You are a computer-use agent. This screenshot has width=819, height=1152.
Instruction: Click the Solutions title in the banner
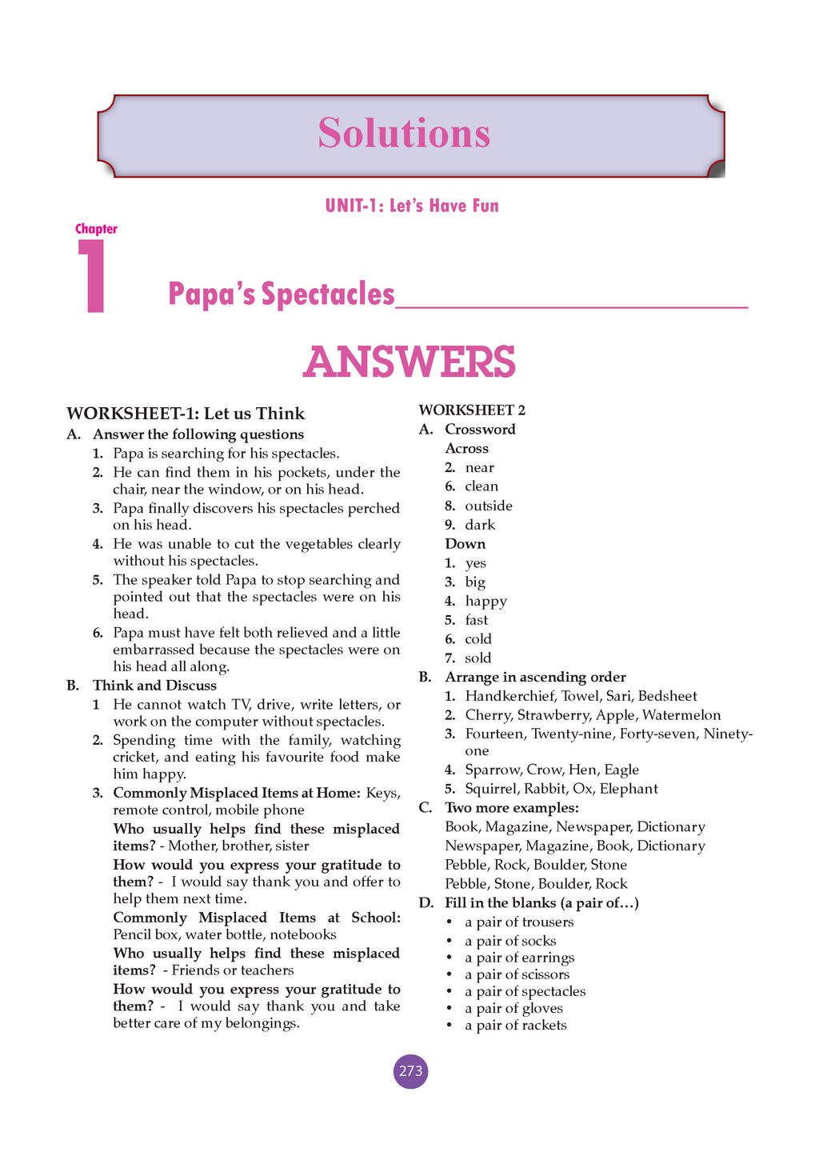tap(404, 133)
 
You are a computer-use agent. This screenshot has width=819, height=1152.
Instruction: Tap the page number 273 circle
tap(410, 1071)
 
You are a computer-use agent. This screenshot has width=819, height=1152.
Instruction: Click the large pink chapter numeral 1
tap(94, 276)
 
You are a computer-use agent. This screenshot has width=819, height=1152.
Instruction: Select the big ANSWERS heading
tap(409, 362)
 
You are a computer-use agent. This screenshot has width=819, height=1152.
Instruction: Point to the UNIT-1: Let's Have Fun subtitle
tap(412, 206)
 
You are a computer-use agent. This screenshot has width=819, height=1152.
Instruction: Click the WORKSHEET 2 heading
tap(472, 410)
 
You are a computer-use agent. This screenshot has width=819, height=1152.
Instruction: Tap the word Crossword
tap(480, 430)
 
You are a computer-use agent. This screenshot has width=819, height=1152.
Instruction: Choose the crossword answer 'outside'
tap(489, 506)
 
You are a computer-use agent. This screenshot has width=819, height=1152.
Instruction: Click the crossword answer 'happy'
tap(486, 601)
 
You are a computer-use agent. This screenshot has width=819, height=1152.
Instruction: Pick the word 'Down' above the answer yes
tap(465, 544)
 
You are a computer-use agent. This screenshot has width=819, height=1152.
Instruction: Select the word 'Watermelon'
tap(681, 715)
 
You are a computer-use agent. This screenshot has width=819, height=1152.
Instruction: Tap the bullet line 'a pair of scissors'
tap(517, 974)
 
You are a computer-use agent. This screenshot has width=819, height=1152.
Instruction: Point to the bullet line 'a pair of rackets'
tap(515, 1026)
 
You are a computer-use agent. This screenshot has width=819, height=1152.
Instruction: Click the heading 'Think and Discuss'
tap(154, 686)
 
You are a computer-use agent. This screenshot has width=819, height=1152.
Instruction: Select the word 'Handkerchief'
tap(509, 696)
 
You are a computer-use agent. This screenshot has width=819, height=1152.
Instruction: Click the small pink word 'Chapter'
tap(96, 229)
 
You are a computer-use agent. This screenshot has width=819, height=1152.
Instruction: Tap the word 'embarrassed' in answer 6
tap(154, 650)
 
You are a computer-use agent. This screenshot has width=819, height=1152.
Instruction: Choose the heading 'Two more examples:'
tap(512, 808)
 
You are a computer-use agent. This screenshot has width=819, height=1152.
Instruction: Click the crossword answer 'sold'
tap(478, 658)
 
